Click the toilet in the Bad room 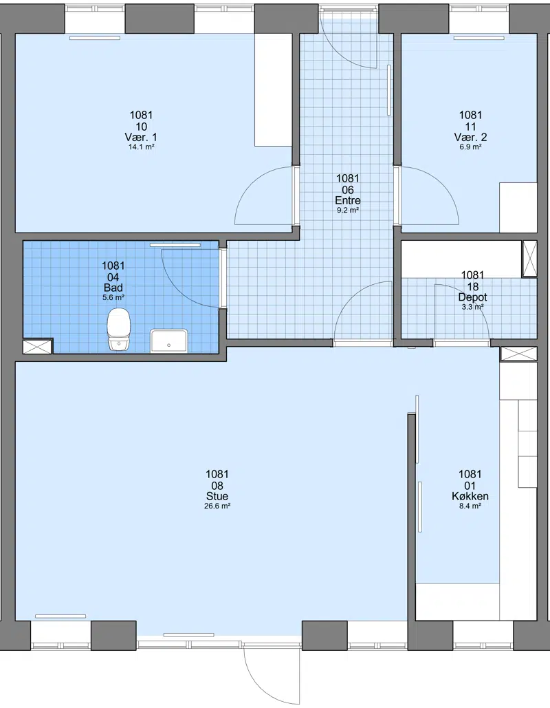tap(119, 330)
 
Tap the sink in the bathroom tap(168, 341)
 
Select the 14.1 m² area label tap(142, 147)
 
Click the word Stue tap(217, 496)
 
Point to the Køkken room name tap(470, 496)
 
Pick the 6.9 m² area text tap(470, 147)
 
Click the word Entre tap(348, 200)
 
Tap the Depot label tap(473, 297)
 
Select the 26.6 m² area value tap(217, 506)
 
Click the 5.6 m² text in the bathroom tap(113, 297)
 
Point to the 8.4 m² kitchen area tap(470, 506)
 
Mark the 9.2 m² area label tap(348, 211)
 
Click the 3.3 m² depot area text tap(473, 307)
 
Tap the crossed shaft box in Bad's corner tap(37, 346)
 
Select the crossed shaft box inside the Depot tap(529, 258)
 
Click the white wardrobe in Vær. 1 tap(274, 90)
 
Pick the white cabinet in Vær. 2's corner tap(518, 208)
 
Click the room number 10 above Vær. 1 tap(142, 127)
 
